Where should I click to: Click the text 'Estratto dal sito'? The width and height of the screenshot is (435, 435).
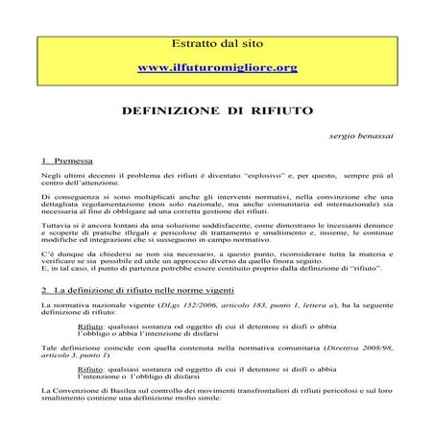217,44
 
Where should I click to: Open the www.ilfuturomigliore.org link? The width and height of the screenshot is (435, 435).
217,68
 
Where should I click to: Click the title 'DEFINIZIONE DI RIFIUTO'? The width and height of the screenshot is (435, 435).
216,111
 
